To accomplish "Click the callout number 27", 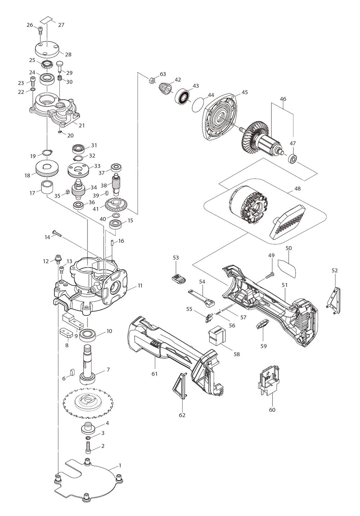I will (x=61, y=25).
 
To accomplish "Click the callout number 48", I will (x=297, y=188).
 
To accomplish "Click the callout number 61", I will (x=154, y=373).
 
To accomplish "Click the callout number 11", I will (x=140, y=285).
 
